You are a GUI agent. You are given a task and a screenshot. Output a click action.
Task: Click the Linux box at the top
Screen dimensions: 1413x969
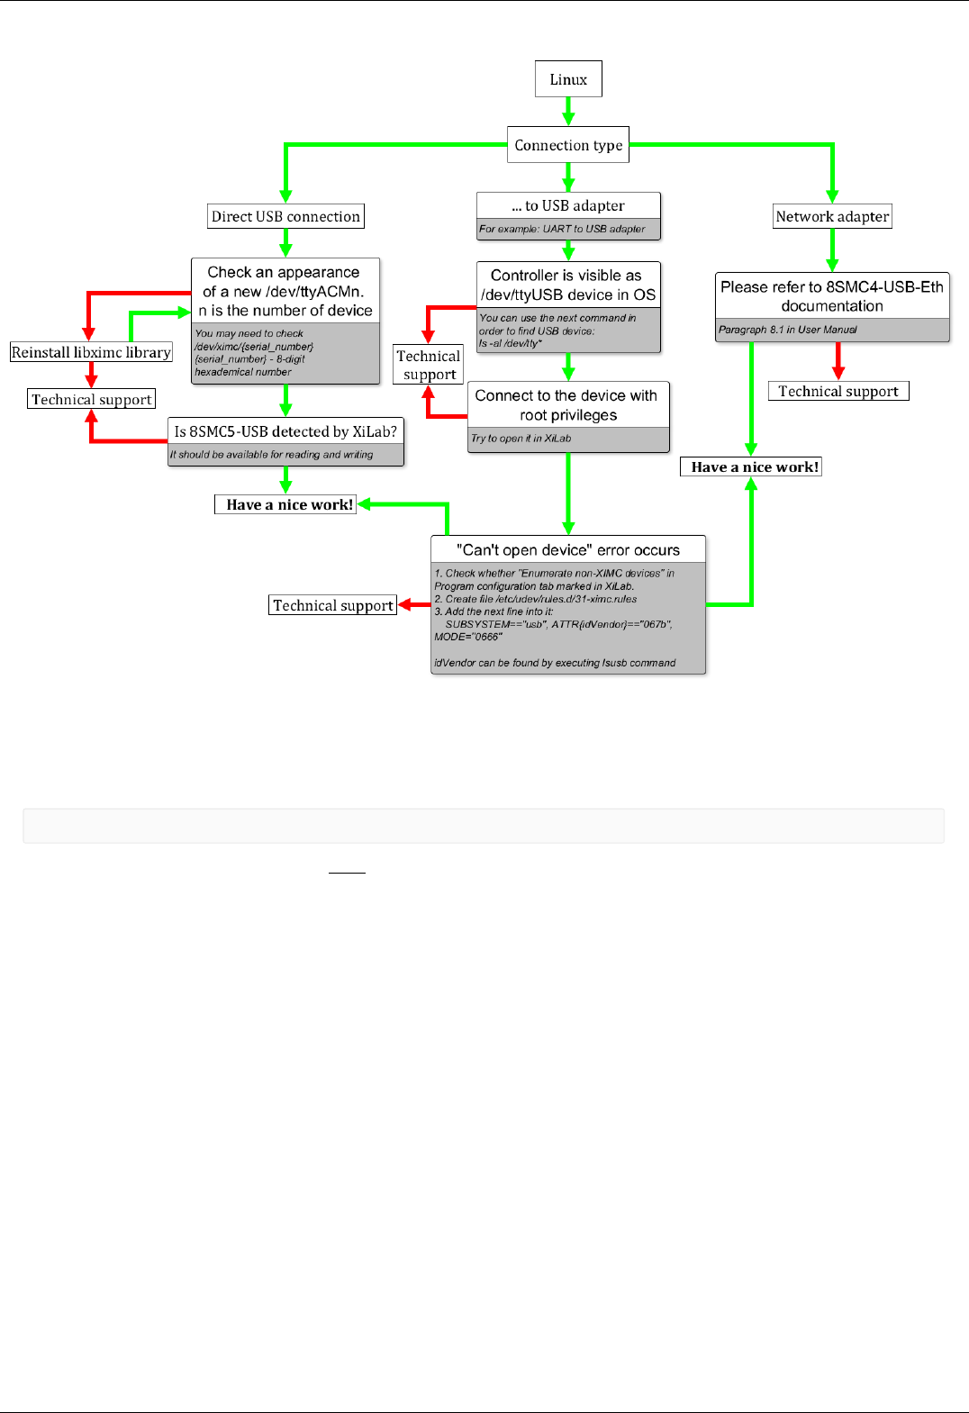coord(568,79)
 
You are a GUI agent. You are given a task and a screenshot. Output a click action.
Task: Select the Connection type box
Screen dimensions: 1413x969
coord(568,145)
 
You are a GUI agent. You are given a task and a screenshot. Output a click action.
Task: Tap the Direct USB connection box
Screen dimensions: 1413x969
coord(285,216)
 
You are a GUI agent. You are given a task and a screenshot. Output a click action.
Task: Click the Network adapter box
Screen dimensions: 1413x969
coord(832,216)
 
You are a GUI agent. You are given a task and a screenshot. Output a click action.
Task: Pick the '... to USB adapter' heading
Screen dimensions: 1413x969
coord(568,205)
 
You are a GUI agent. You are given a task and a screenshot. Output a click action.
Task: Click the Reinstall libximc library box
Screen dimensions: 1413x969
coord(91,352)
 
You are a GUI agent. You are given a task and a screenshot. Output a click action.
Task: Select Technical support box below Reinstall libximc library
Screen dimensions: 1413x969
coord(92,399)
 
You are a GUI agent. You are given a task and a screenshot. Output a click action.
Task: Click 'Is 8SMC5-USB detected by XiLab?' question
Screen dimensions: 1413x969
coord(285,431)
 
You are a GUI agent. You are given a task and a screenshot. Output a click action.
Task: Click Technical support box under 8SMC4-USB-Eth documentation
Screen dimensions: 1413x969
coord(838,391)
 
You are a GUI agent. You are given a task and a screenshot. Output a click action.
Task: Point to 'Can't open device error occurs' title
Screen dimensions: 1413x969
coord(568,549)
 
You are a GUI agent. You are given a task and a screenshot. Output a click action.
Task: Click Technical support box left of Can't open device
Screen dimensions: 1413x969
coord(333,605)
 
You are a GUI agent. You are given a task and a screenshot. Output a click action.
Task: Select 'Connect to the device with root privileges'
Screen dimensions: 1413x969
coord(567,405)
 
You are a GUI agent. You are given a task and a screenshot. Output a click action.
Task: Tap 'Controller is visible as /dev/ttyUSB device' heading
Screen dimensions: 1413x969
coord(567,285)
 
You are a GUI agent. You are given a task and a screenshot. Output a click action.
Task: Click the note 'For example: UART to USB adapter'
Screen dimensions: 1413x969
coord(563,230)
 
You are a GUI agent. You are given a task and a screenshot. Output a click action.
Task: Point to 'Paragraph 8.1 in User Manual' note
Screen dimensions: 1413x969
coord(788,330)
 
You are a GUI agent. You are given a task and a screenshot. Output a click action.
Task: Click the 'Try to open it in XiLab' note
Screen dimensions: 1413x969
coord(521,439)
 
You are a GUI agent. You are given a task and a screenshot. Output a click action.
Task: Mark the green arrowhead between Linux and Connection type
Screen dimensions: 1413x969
coord(568,118)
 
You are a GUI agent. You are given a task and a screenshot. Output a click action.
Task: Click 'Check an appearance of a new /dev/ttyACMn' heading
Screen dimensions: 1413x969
coord(285,291)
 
